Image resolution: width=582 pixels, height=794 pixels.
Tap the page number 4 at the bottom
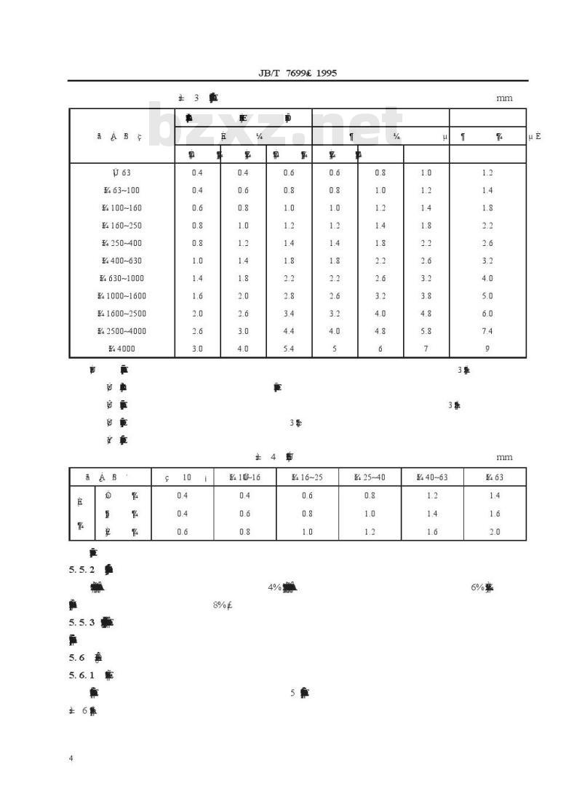pos(71,758)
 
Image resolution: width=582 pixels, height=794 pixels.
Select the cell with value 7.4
pos(487,331)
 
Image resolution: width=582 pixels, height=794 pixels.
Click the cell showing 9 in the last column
pos(487,349)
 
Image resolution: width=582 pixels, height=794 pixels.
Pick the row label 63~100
pos(121,191)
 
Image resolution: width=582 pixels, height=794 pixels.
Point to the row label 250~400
pos(121,243)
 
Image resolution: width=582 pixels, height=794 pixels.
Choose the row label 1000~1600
pos(121,295)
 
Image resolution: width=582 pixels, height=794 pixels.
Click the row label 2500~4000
pos(121,331)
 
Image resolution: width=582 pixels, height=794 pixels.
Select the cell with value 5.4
pos(289,349)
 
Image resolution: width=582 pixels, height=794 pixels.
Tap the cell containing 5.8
pos(426,331)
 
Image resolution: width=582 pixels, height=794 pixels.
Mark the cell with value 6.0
pos(487,314)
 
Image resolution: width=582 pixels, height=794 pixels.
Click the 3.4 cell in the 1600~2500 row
pos(289,314)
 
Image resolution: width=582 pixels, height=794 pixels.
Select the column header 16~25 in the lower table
pos(307,477)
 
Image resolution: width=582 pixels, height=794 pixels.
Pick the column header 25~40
pos(370,477)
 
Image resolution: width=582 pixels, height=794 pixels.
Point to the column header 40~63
pos(432,477)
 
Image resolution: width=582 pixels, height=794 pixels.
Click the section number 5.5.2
pos(82,569)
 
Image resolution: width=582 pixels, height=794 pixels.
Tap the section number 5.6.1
pos(82,675)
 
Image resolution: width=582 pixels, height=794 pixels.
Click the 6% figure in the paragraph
pos(478,587)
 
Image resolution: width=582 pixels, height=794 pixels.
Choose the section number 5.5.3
pos(82,622)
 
